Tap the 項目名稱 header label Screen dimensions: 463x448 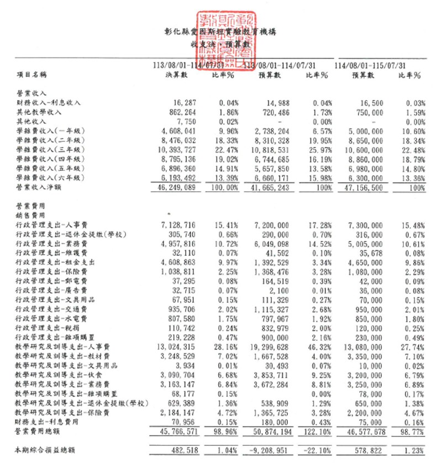point(31,73)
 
